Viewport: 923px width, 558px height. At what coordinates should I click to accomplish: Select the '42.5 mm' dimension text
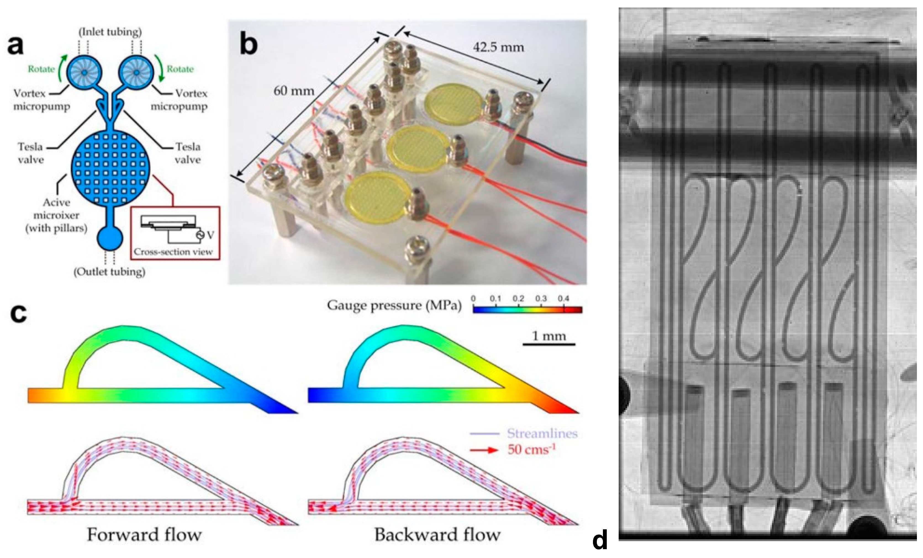[498, 47]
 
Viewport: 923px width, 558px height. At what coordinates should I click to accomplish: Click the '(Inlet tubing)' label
[110, 32]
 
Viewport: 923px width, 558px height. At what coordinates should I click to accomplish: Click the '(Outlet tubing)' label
[109, 272]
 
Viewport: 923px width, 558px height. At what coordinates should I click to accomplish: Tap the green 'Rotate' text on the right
[180, 69]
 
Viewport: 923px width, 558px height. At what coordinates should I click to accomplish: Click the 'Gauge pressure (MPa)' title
[394, 305]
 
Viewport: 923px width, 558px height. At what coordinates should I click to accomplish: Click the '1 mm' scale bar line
[549, 344]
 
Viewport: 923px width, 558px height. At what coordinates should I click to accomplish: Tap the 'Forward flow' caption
[144, 535]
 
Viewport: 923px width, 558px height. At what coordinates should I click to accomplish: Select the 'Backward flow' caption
[437, 535]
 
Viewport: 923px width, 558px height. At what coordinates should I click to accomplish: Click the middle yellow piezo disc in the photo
[416, 148]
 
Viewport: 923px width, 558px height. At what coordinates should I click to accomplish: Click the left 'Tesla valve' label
[31, 153]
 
